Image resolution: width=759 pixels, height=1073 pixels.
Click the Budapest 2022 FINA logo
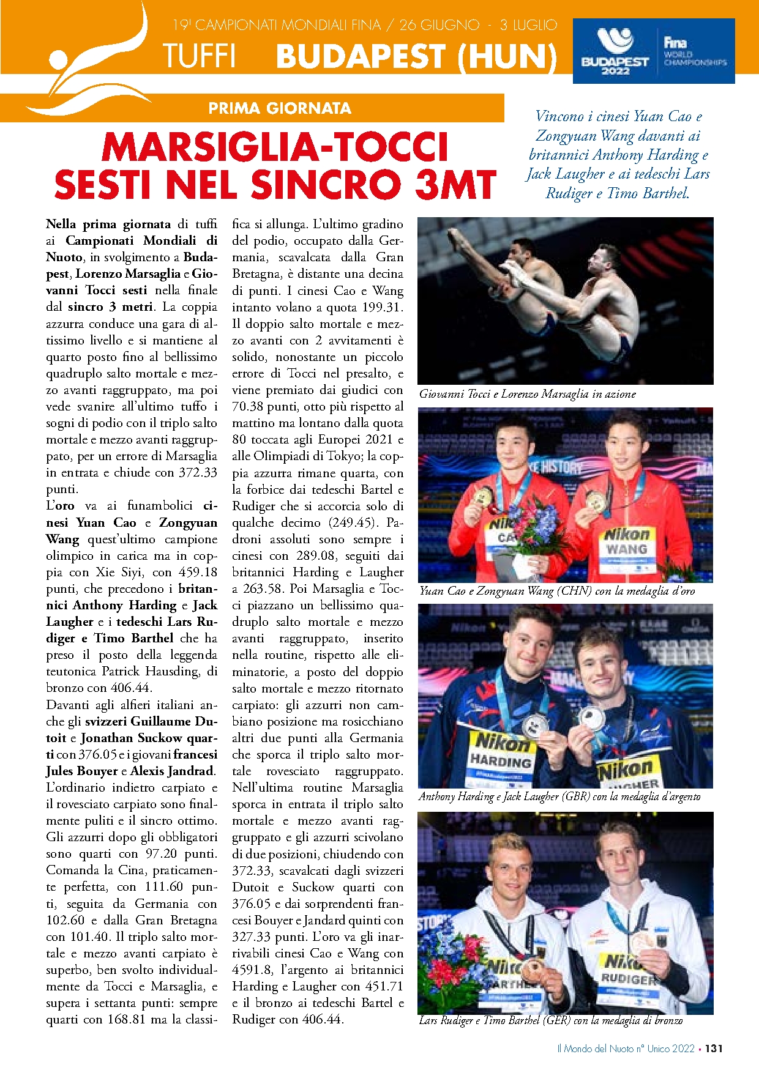[x=653, y=51]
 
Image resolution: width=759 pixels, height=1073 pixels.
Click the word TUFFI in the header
[x=199, y=56]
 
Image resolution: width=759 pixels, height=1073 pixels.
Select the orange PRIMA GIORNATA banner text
[x=280, y=108]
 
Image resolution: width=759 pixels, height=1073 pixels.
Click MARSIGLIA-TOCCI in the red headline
[x=275, y=147]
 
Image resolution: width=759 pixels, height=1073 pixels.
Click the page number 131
[x=714, y=1048]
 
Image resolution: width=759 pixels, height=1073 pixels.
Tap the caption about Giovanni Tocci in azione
[x=527, y=394]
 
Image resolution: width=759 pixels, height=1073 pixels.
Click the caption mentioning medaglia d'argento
[x=559, y=796]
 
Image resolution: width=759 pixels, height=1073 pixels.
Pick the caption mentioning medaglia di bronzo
[x=550, y=1020]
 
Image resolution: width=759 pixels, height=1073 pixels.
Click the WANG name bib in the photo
[x=626, y=549]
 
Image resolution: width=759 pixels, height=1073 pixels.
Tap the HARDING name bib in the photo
[x=501, y=761]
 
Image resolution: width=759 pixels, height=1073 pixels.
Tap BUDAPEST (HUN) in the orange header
[x=416, y=56]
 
